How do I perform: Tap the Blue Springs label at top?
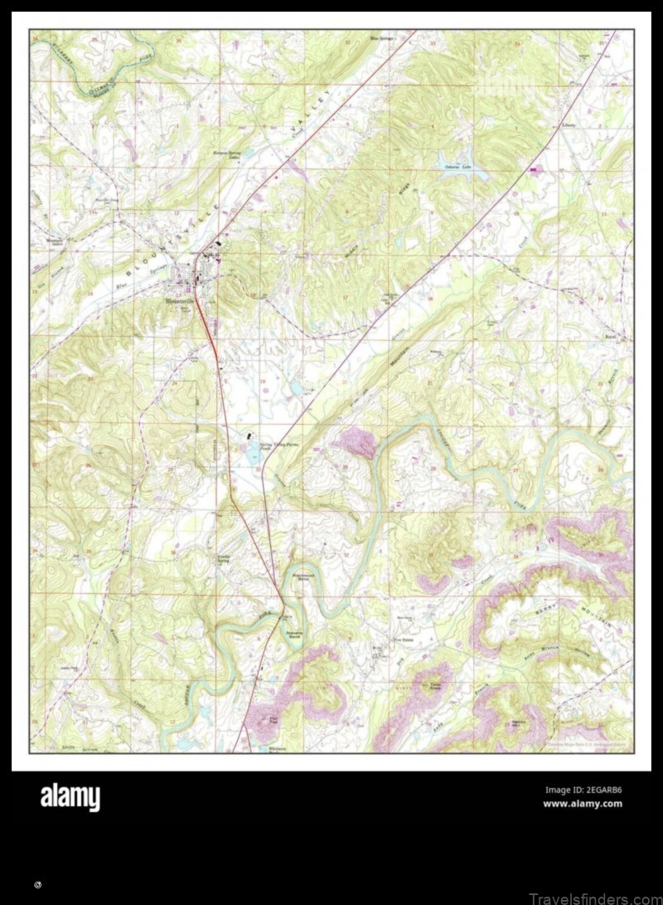coord(382,38)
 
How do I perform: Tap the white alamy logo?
coord(70,798)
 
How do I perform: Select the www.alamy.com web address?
coord(582,803)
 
